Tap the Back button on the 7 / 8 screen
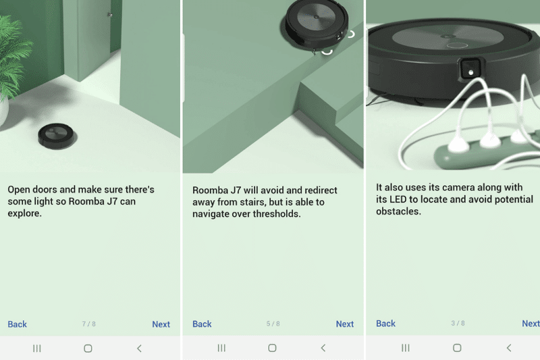[x=18, y=324]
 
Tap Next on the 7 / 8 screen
[x=161, y=324]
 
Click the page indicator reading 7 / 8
[x=89, y=324]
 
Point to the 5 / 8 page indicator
[x=273, y=324]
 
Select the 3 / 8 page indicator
[x=458, y=324]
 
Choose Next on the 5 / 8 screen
[x=345, y=324]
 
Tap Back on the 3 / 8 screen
[x=385, y=324]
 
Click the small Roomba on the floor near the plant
[x=56, y=135]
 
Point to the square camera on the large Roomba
[x=470, y=68]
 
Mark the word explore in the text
[x=24, y=213]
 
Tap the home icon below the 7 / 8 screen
[x=88, y=349]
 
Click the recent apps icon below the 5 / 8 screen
[x=221, y=349]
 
